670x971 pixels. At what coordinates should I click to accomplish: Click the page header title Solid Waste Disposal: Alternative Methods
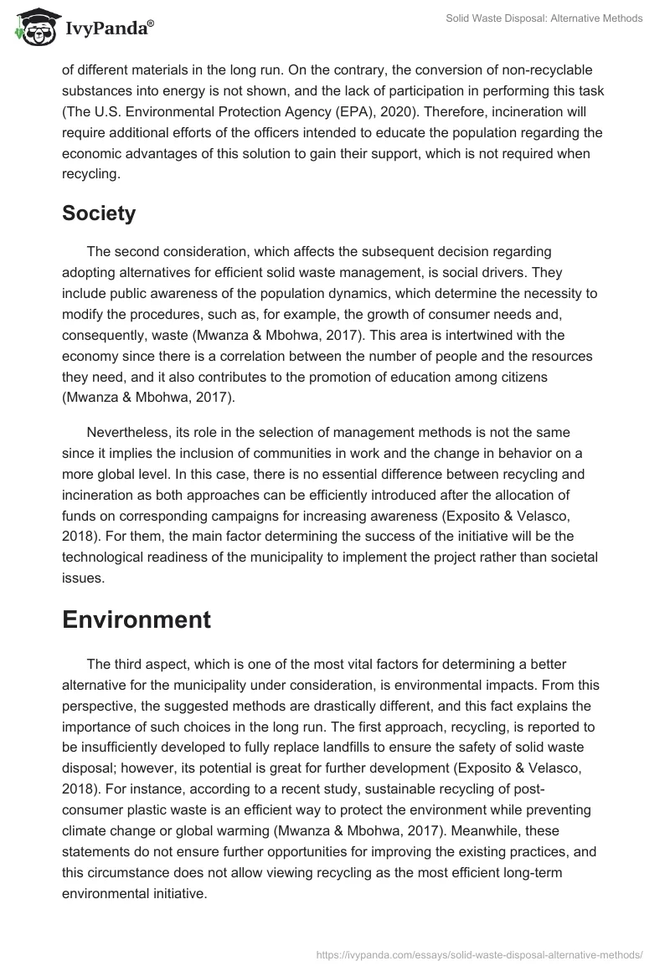(544, 18)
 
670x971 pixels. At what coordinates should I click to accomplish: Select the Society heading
(99, 213)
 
